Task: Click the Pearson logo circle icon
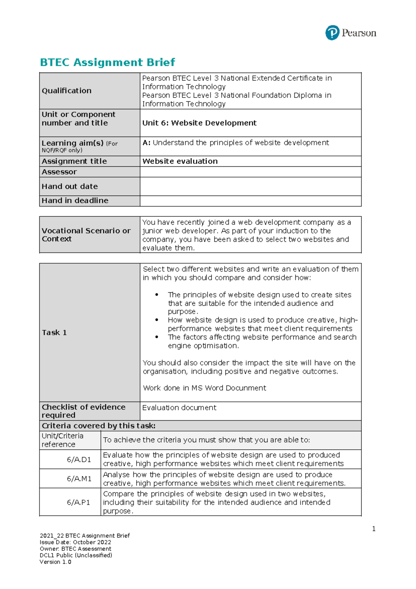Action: pos(332,33)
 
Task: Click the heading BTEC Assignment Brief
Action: pos(107,63)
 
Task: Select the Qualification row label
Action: pos(67,91)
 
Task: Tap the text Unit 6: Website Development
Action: pos(199,123)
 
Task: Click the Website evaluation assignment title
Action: pos(180,161)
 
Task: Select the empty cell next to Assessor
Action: pos(250,172)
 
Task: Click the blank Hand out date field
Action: pos(250,186)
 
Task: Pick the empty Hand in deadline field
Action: pos(250,201)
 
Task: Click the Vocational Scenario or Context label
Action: pos(86,235)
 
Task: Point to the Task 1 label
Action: pos(54,333)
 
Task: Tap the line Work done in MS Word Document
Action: pos(205,388)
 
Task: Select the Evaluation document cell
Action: pos(179,408)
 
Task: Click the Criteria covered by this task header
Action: pos(98,426)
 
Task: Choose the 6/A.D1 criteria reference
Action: pos(79,459)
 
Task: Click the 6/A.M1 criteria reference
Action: pos(79,479)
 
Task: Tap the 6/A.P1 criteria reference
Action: pos(78,502)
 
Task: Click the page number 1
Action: pos(374,529)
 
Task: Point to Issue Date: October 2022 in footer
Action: pos(75,542)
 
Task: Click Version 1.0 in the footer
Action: pos(55,562)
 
